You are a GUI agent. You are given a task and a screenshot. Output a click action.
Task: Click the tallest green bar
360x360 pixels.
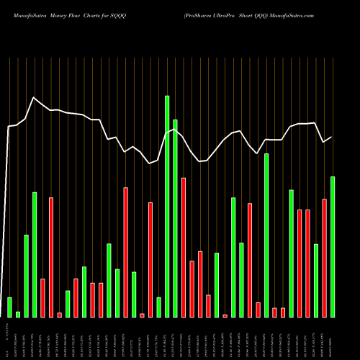point(167,206)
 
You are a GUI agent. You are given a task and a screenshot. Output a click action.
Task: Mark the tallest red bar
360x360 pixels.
point(126,252)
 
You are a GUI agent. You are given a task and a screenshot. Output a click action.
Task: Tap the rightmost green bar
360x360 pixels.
point(333,246)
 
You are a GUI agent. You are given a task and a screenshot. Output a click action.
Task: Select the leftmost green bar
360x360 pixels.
point(9,307)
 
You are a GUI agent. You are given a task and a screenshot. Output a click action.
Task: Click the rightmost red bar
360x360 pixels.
point(324,258)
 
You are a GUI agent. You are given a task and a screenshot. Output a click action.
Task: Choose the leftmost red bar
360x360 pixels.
point(42,297)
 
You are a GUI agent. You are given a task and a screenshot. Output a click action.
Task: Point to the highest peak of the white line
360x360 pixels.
point(34,97)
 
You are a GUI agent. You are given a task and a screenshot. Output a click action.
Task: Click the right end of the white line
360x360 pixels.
point(332,137)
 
